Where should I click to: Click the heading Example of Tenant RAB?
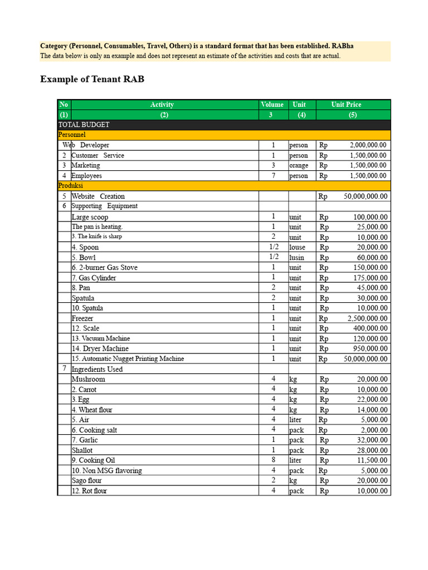click(x=92, y=79)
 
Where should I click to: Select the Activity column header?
click(x=162, y=105)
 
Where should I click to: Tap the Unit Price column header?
click(x=346, y=105)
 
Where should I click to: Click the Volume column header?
click(x=272, y=105)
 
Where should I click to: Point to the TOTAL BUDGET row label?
click(x=84, y=125)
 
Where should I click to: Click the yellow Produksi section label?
click(x=71, y=185)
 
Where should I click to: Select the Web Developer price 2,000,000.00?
click(x=368, y=145)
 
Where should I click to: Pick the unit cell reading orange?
click(x=299, y=165)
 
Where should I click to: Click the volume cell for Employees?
click(x=273, y=176)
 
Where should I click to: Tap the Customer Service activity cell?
click(x=98, y=155)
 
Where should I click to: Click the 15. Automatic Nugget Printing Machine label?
click(x=128, y=358)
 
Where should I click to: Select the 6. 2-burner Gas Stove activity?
click(x=104, y=268)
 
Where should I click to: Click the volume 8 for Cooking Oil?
click(x=273, y=460)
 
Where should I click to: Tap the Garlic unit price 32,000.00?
click(x=372, y=440)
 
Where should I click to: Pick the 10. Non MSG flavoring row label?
click(x=106, y=470)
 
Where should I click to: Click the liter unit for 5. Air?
click(x=295, y=420)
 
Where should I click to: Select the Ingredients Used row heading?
click(x=97, y=369)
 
